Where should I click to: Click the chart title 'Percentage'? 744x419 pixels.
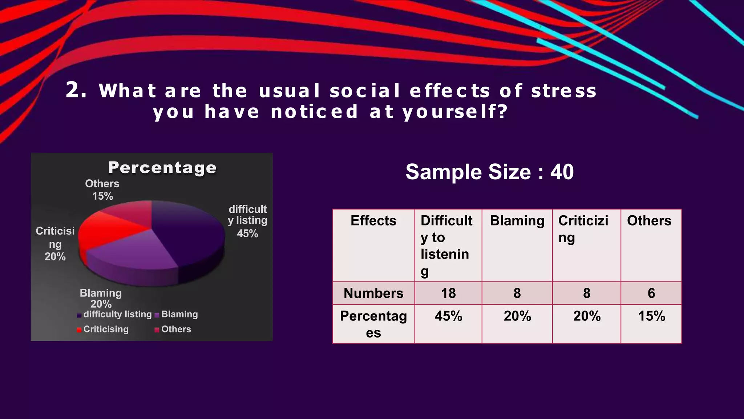pos(162,168)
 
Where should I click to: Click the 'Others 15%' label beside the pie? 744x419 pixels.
pos(102,190)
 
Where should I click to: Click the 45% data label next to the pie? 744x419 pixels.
pos(247,234)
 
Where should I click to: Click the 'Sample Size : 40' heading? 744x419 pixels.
pos(489,172)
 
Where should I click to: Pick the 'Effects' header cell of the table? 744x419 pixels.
pos(373,221)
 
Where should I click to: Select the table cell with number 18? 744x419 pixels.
pos(448,293)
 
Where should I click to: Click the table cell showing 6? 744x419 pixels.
pos(651,293)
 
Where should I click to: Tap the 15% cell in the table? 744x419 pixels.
pos(651,316)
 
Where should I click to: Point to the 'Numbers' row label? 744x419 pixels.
pos(373,293)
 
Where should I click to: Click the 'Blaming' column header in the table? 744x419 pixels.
pos(517,221)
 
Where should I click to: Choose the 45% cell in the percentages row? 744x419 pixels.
pos(448,316)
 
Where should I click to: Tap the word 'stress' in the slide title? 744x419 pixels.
pos(564,91)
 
